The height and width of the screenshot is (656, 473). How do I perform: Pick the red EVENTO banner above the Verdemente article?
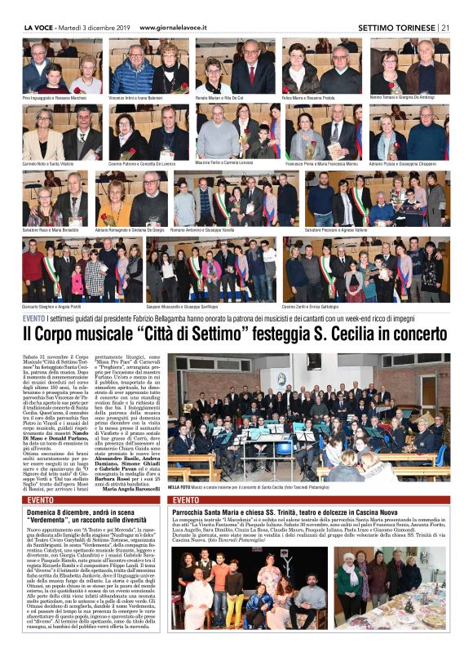click(x=41, y=499)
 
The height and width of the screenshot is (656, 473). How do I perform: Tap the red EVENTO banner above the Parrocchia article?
click(x=186, y=499)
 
